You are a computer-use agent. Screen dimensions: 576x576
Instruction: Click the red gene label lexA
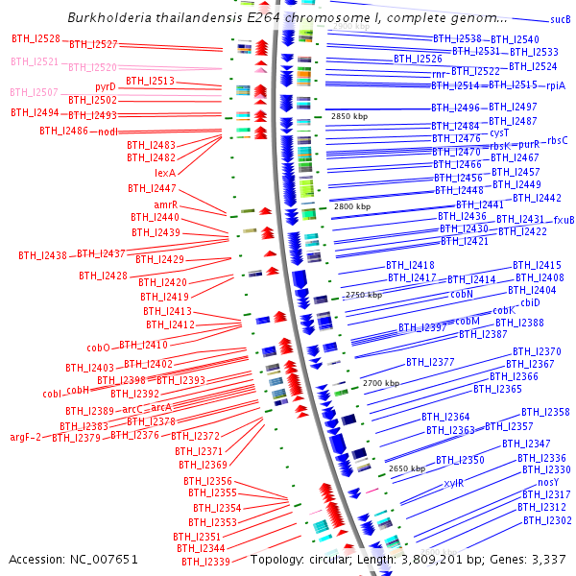coord(165,173)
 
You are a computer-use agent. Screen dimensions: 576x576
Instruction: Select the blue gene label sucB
coord(560,19)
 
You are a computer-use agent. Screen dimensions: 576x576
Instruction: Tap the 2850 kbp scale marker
coord(349,116)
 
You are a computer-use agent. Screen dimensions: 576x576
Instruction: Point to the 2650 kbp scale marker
coord(406,468)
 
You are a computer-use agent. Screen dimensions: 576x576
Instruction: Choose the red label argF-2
coord(26,437)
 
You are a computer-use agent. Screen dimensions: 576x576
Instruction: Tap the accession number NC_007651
coord(103,559)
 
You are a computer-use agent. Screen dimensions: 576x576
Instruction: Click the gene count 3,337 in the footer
coord(546,559)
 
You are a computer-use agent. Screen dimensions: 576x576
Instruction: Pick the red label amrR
coord(166,204)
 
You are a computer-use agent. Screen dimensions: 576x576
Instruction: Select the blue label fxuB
coord(564,220)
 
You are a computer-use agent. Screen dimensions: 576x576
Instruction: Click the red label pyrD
coord(106,86)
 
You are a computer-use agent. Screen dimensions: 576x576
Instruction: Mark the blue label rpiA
coord(556,85)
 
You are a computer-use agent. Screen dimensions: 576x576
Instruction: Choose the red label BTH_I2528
coord(36,38)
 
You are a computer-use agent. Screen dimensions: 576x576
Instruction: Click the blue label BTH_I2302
coord(547,520)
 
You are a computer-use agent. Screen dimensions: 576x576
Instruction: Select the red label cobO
coord(99,348)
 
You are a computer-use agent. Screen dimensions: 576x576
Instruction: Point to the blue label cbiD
coord(530,302)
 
